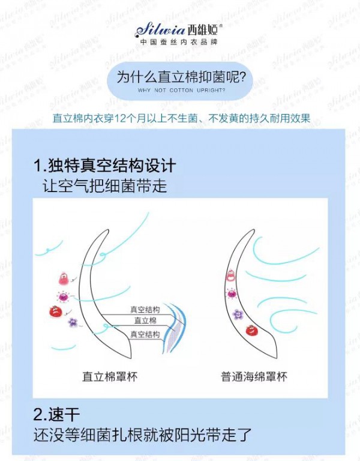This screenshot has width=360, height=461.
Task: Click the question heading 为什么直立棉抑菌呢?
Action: [x=181, y=79]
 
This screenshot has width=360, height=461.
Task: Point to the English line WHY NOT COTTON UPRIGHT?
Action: [x=181, y=90]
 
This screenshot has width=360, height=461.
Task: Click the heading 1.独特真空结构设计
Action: [x=105, y=166]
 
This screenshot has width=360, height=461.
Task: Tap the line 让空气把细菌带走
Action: [x=104, y=185]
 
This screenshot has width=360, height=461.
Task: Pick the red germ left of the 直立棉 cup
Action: [x=54, y=311]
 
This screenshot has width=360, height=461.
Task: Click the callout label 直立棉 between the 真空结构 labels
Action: [x=145, y=322]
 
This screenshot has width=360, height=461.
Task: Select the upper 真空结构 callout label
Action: [x=145, y=310]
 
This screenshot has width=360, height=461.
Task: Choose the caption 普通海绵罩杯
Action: [x=254, y=377]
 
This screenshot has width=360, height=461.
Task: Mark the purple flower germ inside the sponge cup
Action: [x=237, y=314]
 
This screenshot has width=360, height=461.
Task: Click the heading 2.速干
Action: [x=57, y=415]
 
